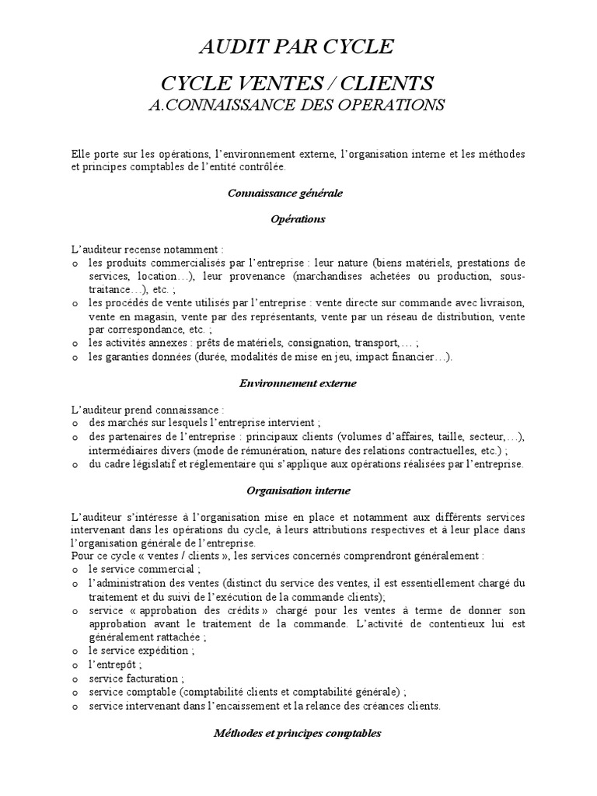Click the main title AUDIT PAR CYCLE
pyautogui.click(x=297, y=48)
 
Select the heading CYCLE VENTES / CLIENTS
pyautogui.click(x=297, y=84)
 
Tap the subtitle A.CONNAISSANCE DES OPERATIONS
pyautogui.click(x=297, y=105)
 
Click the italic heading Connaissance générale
pyautogui.click(x=285, y=192)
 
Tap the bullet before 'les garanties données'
pyautogui.click(x=74, y=358)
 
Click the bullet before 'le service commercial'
pyautogui.click(x=74, y=570)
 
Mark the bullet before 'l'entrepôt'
pyautogui.click(x=74, y=665)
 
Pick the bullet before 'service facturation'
pyautogui.click(x=74, y=679)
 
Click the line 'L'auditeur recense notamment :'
pyautogui.click(x=147, y=249)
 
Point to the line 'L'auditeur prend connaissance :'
pyautogui.click(x=147, y=409)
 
